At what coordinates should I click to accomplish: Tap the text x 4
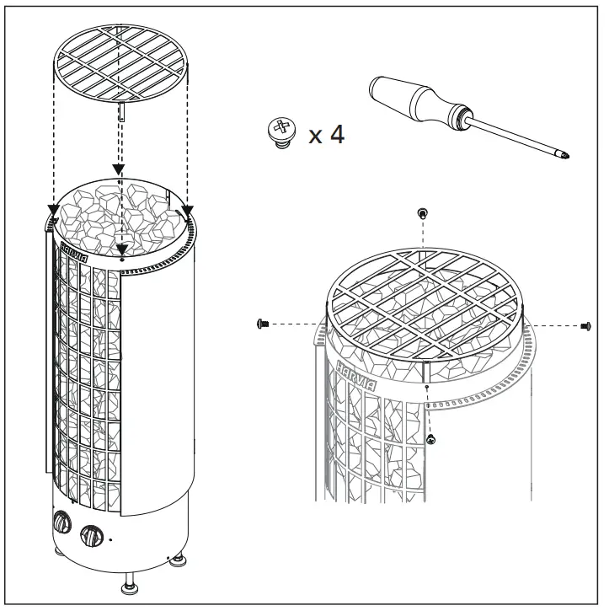pos(326,133)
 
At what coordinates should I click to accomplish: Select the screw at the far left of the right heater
pos(261,323)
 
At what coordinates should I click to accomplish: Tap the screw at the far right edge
pos(585,325)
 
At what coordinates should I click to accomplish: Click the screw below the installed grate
pos(431,438)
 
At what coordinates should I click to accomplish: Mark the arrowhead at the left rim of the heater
pos(51,211)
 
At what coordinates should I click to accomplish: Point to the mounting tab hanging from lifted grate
pos(123,112)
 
